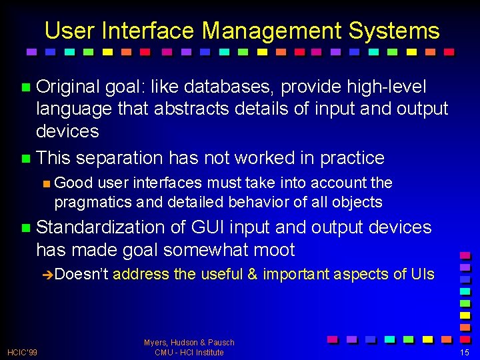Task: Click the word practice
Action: click(x=352, y=158)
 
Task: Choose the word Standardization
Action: click(x=101, y=227)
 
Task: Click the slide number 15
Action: click(x=465, y=352)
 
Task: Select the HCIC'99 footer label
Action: click(x=23, y=352)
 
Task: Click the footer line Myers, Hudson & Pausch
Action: click(x=189, y=343)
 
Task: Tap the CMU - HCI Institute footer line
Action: click(x=189, y=352)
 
